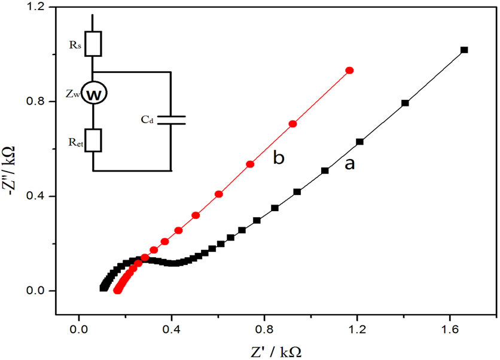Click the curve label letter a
(349, 163)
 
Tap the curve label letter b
(278, 158)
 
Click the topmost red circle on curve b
(350, 71)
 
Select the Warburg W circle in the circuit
(93, 94)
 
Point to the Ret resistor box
(93, 140)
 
